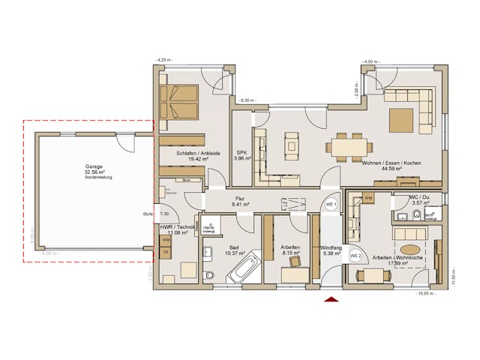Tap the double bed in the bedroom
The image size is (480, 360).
[179, 102]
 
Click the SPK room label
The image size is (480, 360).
[241, 152]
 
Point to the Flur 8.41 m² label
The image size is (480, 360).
[241, 199]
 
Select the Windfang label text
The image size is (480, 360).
[330, 247]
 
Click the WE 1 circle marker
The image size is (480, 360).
[330, 205]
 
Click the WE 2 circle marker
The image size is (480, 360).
[356, 256]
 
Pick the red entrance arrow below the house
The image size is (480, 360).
[331, 300]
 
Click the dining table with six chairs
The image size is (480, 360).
[350, 145]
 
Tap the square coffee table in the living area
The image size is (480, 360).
[400, 120]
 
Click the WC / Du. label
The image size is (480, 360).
[418, 197]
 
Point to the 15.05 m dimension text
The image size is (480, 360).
[427, 294]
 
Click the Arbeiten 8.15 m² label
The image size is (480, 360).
[290, 250]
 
